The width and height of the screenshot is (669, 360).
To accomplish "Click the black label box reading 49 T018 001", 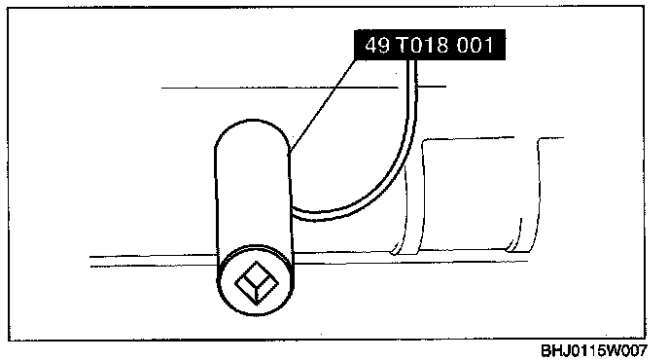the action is coord(430,45).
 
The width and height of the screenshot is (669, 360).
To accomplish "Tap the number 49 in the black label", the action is coord(377,45).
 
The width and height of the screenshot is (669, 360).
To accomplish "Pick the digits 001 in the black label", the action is coord(475,45).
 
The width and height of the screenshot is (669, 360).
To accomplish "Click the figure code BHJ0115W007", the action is coord(594,351).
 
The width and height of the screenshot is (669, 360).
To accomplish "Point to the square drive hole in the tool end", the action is coord(257,283).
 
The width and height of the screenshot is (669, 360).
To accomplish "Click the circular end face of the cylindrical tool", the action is coord(256,280).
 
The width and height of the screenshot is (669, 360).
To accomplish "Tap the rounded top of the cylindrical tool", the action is coord(252,132).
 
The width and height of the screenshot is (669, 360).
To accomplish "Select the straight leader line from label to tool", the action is coord(324,105).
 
